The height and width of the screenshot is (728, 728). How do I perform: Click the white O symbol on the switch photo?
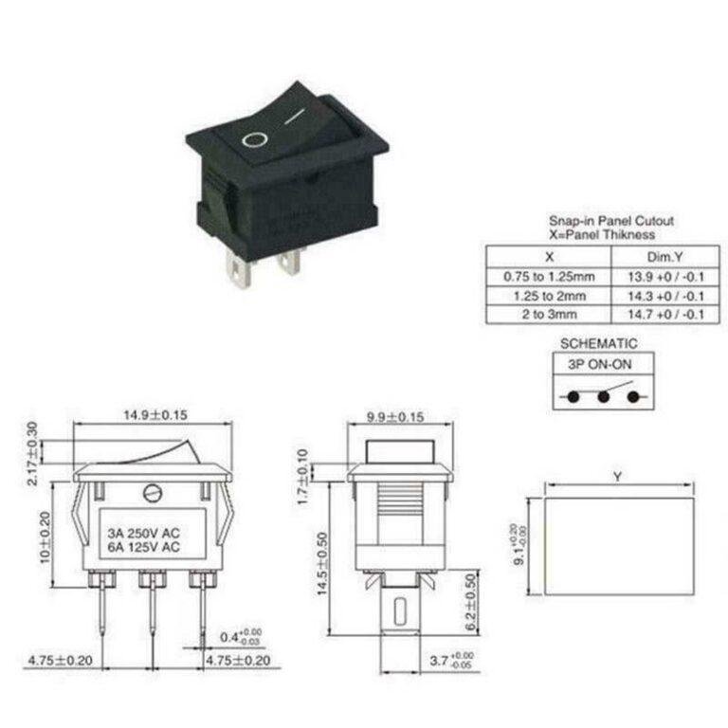pyautogui.click(x=254, y=141)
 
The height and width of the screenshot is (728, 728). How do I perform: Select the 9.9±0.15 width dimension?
pyautogui.click(x=395, y=416)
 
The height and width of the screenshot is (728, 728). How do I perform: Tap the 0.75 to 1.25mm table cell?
pyautogui.click(x=549, y=276)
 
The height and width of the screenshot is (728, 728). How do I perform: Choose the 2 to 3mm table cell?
pyautogui.click(x=549, y=315)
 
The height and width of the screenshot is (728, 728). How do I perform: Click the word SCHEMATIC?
pyautogui.click(x=598, y=344)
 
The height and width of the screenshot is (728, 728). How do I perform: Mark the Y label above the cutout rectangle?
pyautogui.click(x=617, y=479)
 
